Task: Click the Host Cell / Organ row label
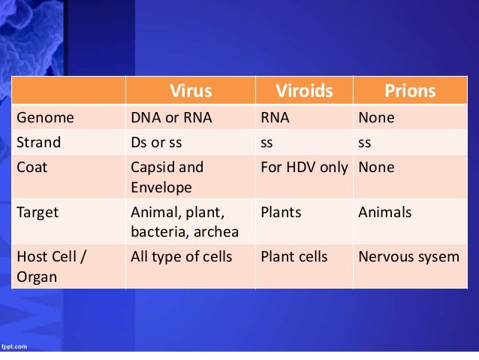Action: point(50,266)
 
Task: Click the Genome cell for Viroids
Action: point(275,119)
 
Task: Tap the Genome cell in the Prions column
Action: point(376,119)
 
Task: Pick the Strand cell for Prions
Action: point(366,143)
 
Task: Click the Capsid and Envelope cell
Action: point(167,177)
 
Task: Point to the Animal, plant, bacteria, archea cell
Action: point(185,222)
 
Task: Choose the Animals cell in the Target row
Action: point(385,213)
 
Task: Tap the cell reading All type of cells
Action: point(182,257)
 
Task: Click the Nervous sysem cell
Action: point(408,257)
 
